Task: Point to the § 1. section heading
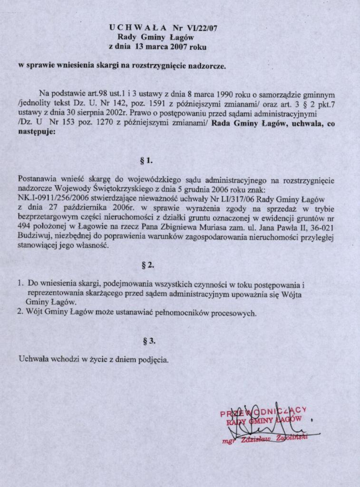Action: tap(146, 161)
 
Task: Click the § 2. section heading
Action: tap(148, 264)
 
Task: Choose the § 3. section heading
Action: tap(149, 341)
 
